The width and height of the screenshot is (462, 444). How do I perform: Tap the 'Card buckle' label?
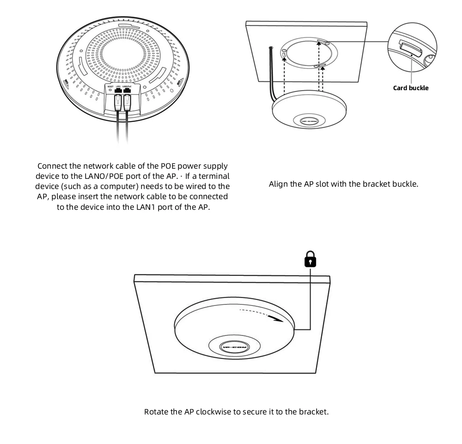411,88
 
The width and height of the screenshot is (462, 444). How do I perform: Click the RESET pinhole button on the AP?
110,91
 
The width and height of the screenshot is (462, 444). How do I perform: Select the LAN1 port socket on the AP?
118,91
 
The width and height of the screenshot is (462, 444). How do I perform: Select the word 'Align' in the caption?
278,184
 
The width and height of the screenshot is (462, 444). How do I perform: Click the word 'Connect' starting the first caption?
53,166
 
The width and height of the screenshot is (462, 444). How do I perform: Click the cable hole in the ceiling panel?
270,48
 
